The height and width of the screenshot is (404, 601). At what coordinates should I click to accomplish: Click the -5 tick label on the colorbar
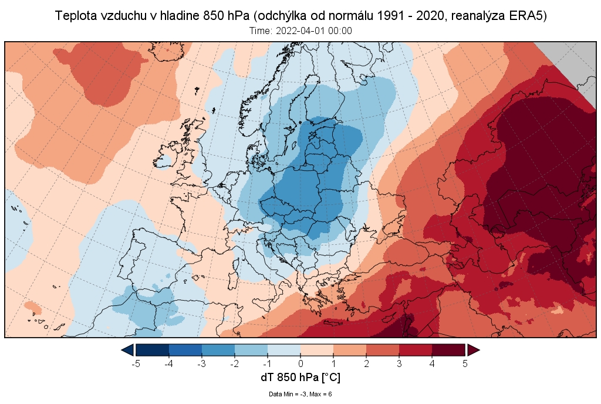(136, 363)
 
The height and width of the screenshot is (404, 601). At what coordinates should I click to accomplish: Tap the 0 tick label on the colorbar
(300, 363)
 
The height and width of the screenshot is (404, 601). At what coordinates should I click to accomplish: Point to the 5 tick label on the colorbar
(465, 363)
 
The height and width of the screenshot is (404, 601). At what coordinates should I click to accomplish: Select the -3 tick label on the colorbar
(202, 363)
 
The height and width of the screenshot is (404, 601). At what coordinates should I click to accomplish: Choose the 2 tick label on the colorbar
(366, 363)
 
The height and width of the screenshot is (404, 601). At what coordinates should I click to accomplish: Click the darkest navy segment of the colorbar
(153, 350)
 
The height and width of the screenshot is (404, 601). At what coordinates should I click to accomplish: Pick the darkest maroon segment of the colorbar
(448, 350)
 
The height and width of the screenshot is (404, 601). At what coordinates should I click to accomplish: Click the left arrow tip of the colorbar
(124, 350)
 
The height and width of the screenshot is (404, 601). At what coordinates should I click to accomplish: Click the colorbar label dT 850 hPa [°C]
(300, 377)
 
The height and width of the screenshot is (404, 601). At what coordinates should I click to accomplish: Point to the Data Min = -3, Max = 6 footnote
(300, 393)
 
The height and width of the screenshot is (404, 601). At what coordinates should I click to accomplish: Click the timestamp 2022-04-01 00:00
(317, 31)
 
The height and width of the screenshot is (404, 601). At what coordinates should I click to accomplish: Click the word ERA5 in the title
(528, 16)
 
